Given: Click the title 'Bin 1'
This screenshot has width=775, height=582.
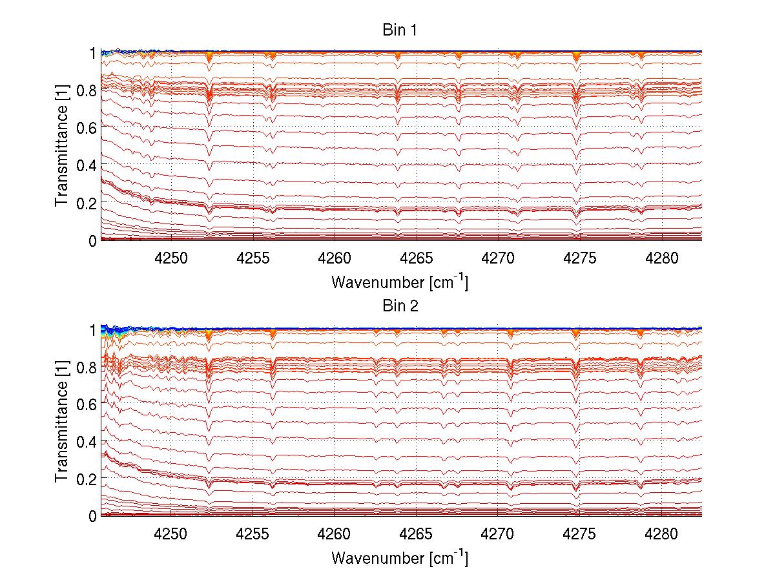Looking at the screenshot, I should click(400, 30).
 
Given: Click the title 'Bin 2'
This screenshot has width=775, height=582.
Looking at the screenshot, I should click(400, 306).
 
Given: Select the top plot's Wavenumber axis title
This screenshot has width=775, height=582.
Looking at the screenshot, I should click(400, 282).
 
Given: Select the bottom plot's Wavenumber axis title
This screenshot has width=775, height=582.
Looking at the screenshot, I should click(400, 557).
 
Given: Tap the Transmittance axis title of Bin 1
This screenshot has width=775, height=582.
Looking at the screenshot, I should click(62, 146).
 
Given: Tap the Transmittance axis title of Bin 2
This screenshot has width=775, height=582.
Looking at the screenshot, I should click(62, 422).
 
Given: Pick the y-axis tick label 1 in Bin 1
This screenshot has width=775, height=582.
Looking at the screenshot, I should click(93, 52).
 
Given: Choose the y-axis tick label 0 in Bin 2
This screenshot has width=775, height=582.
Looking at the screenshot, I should click(93, 516).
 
